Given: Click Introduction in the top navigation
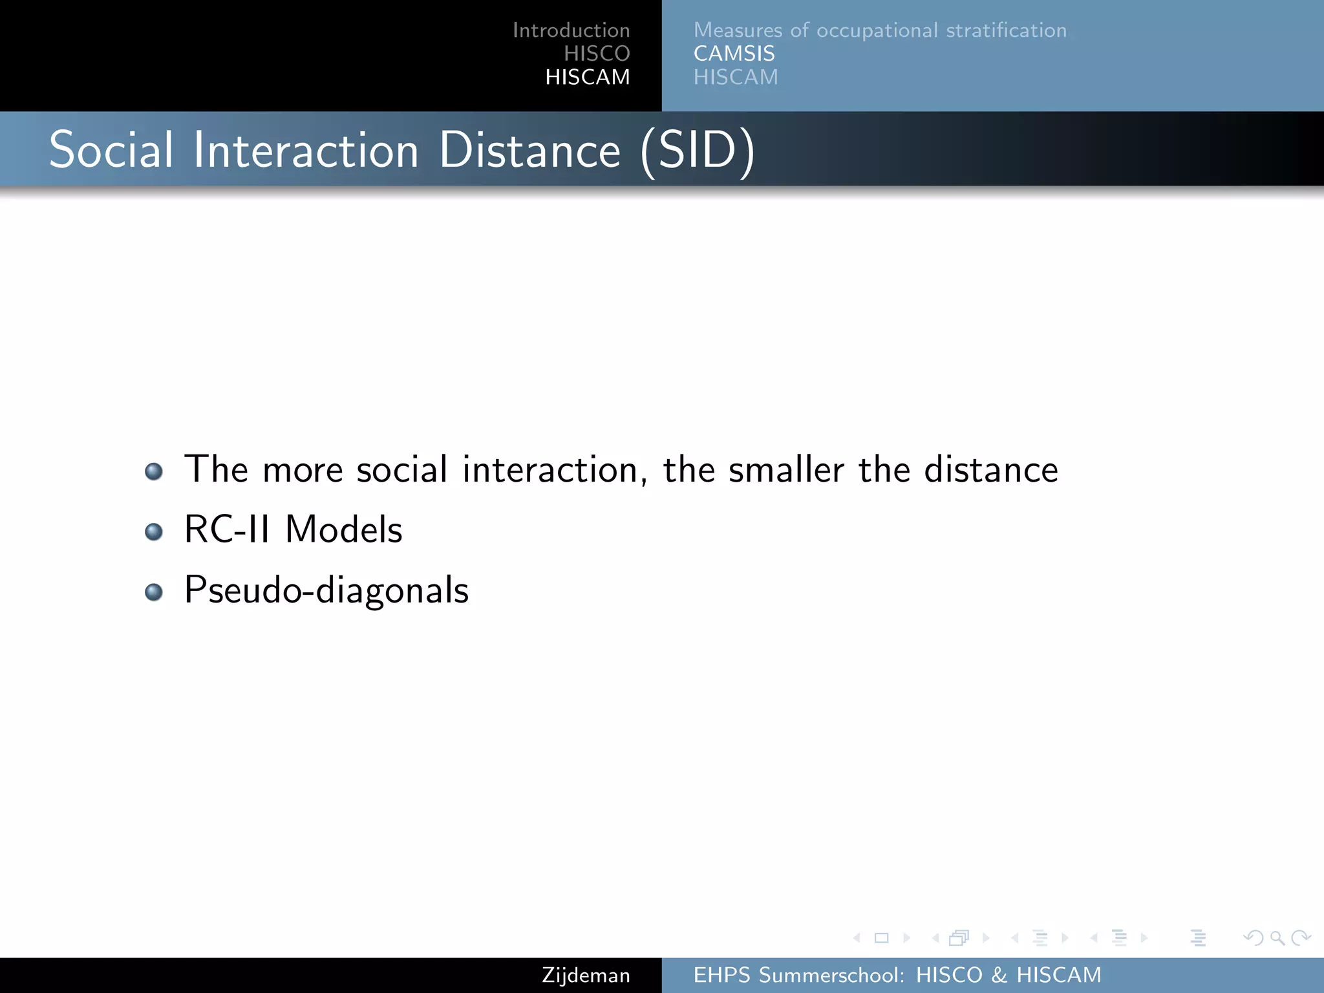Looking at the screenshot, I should [571, 30].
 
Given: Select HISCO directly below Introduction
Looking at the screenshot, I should [596, 54].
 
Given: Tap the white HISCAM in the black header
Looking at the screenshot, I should [587, 77].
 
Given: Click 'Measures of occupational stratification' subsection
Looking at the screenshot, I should [880, 30].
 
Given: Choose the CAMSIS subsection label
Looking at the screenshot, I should [734, 54].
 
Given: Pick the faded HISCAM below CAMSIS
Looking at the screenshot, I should [736, 77].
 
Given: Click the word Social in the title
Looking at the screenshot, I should [111, 150].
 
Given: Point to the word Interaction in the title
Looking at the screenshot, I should [306, 150].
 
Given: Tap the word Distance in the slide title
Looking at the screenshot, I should [529, 150].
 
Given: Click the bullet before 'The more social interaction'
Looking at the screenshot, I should [154, 471].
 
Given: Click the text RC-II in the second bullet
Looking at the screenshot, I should [226, 529].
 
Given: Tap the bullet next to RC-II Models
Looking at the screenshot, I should [154, 531].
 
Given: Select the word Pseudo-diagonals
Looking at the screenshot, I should [326, 590].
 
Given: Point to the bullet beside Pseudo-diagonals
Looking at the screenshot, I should [154, 592].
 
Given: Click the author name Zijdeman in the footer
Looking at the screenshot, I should [586, 975].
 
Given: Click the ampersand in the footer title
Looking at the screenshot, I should [999, 975].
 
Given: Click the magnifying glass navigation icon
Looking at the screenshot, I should [1277, 937].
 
